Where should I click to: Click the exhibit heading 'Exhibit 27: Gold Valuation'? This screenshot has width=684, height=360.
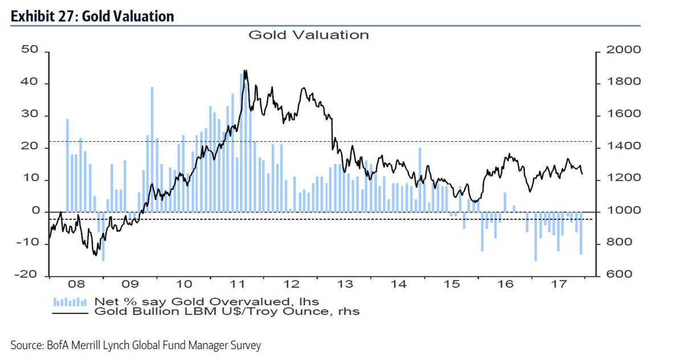coord(92,17)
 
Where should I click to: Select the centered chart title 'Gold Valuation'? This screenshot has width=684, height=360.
coord(308,35)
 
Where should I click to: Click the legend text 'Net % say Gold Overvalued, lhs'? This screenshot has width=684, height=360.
coord(206,301)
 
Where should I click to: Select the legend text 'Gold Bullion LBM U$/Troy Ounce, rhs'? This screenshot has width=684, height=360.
coord(227,312)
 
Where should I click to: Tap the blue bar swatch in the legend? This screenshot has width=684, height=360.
coord(70,301)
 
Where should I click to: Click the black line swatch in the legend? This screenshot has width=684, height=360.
coord(70,312)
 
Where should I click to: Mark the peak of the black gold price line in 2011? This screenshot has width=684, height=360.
coord(245,71)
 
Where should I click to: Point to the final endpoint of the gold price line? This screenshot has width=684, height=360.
coord(582,174)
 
